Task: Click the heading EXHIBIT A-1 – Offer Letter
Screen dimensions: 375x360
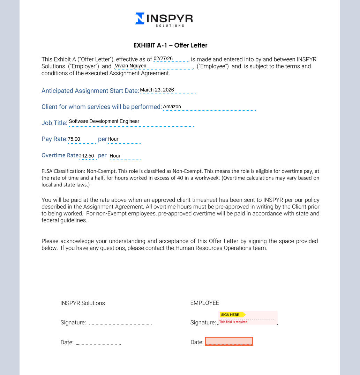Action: point(170,45)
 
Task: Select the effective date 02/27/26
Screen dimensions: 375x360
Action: point(163,58)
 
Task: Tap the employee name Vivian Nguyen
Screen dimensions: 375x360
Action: point(131,66)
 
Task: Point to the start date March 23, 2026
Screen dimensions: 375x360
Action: point(157,90)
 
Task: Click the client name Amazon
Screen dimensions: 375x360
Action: point(172,106)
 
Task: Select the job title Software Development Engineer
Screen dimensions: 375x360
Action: point(104,121)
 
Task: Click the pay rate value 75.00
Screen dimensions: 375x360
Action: point(74,139)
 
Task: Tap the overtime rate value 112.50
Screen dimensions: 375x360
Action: point(87,156)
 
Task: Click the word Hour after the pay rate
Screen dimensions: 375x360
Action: point(113,139)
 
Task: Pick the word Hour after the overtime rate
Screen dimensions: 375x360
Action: point(115,156)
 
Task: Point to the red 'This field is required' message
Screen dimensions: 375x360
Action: point(233,322)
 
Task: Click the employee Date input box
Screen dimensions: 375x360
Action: point(229,341)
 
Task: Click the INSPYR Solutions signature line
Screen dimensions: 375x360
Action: point(120,323)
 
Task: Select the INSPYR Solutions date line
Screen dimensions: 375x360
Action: point(99,343)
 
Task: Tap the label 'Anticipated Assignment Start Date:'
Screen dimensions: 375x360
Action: point(90,91)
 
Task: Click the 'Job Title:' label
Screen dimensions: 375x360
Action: point(54,123)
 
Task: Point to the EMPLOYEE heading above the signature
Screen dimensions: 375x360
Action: point(205,303)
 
